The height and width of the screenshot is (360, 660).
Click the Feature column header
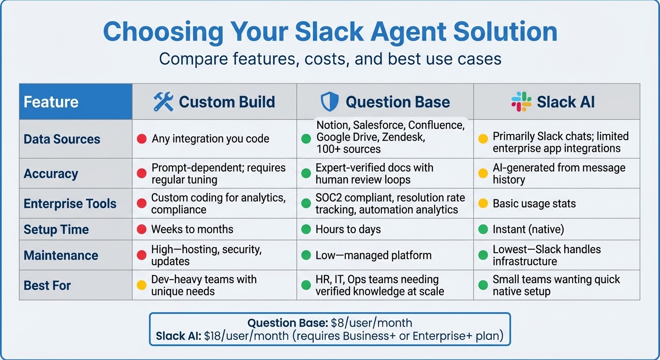tap(51, 102)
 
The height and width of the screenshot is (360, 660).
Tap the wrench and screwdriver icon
tap(163, 102)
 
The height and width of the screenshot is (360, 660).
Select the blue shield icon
tap(329, 102)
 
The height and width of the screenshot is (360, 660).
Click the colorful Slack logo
tap(521, 102)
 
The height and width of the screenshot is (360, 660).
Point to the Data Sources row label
tap(62, 139)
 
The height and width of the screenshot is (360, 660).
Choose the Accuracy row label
tap(51, 173)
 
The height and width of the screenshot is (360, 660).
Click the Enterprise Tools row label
tap(70, 204)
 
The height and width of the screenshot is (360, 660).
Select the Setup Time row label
tap(56, 230)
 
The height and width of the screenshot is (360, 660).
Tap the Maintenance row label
tap(61, 255)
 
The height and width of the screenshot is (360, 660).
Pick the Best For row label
tap(47, 285)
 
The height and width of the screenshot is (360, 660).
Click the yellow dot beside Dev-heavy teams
tap(141, 285)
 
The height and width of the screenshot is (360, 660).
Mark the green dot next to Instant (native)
tap(482, 230)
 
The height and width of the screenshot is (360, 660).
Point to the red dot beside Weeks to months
tap(141, 230)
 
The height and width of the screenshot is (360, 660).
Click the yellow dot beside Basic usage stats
tap(482, 204)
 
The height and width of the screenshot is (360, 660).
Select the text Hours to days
tap(348, 230)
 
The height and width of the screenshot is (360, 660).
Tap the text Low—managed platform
tap(374, 255)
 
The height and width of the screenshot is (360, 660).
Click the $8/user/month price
tap(372, 323)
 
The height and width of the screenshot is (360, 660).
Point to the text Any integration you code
tap(210, 139)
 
